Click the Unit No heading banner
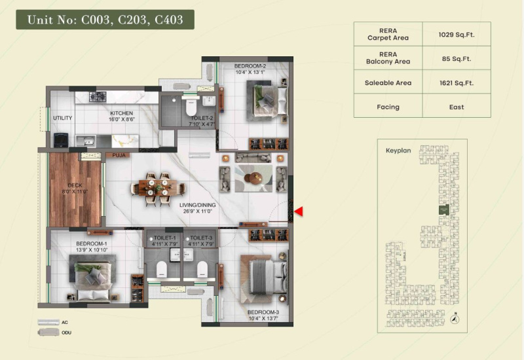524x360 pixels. point(105,20)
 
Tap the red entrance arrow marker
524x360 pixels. point(298,211)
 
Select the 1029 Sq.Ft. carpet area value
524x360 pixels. point(456,35)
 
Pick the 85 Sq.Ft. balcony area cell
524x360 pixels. point(456,58)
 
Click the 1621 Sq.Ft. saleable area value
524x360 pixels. point(456,82)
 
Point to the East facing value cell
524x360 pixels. point(456,107)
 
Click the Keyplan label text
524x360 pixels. point(398,150)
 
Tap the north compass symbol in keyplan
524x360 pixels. point(455,319)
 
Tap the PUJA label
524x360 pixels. point(119,156)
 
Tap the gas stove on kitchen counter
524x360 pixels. point(98,97)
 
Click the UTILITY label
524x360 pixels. point(63,118)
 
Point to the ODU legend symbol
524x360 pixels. point(48,333)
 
